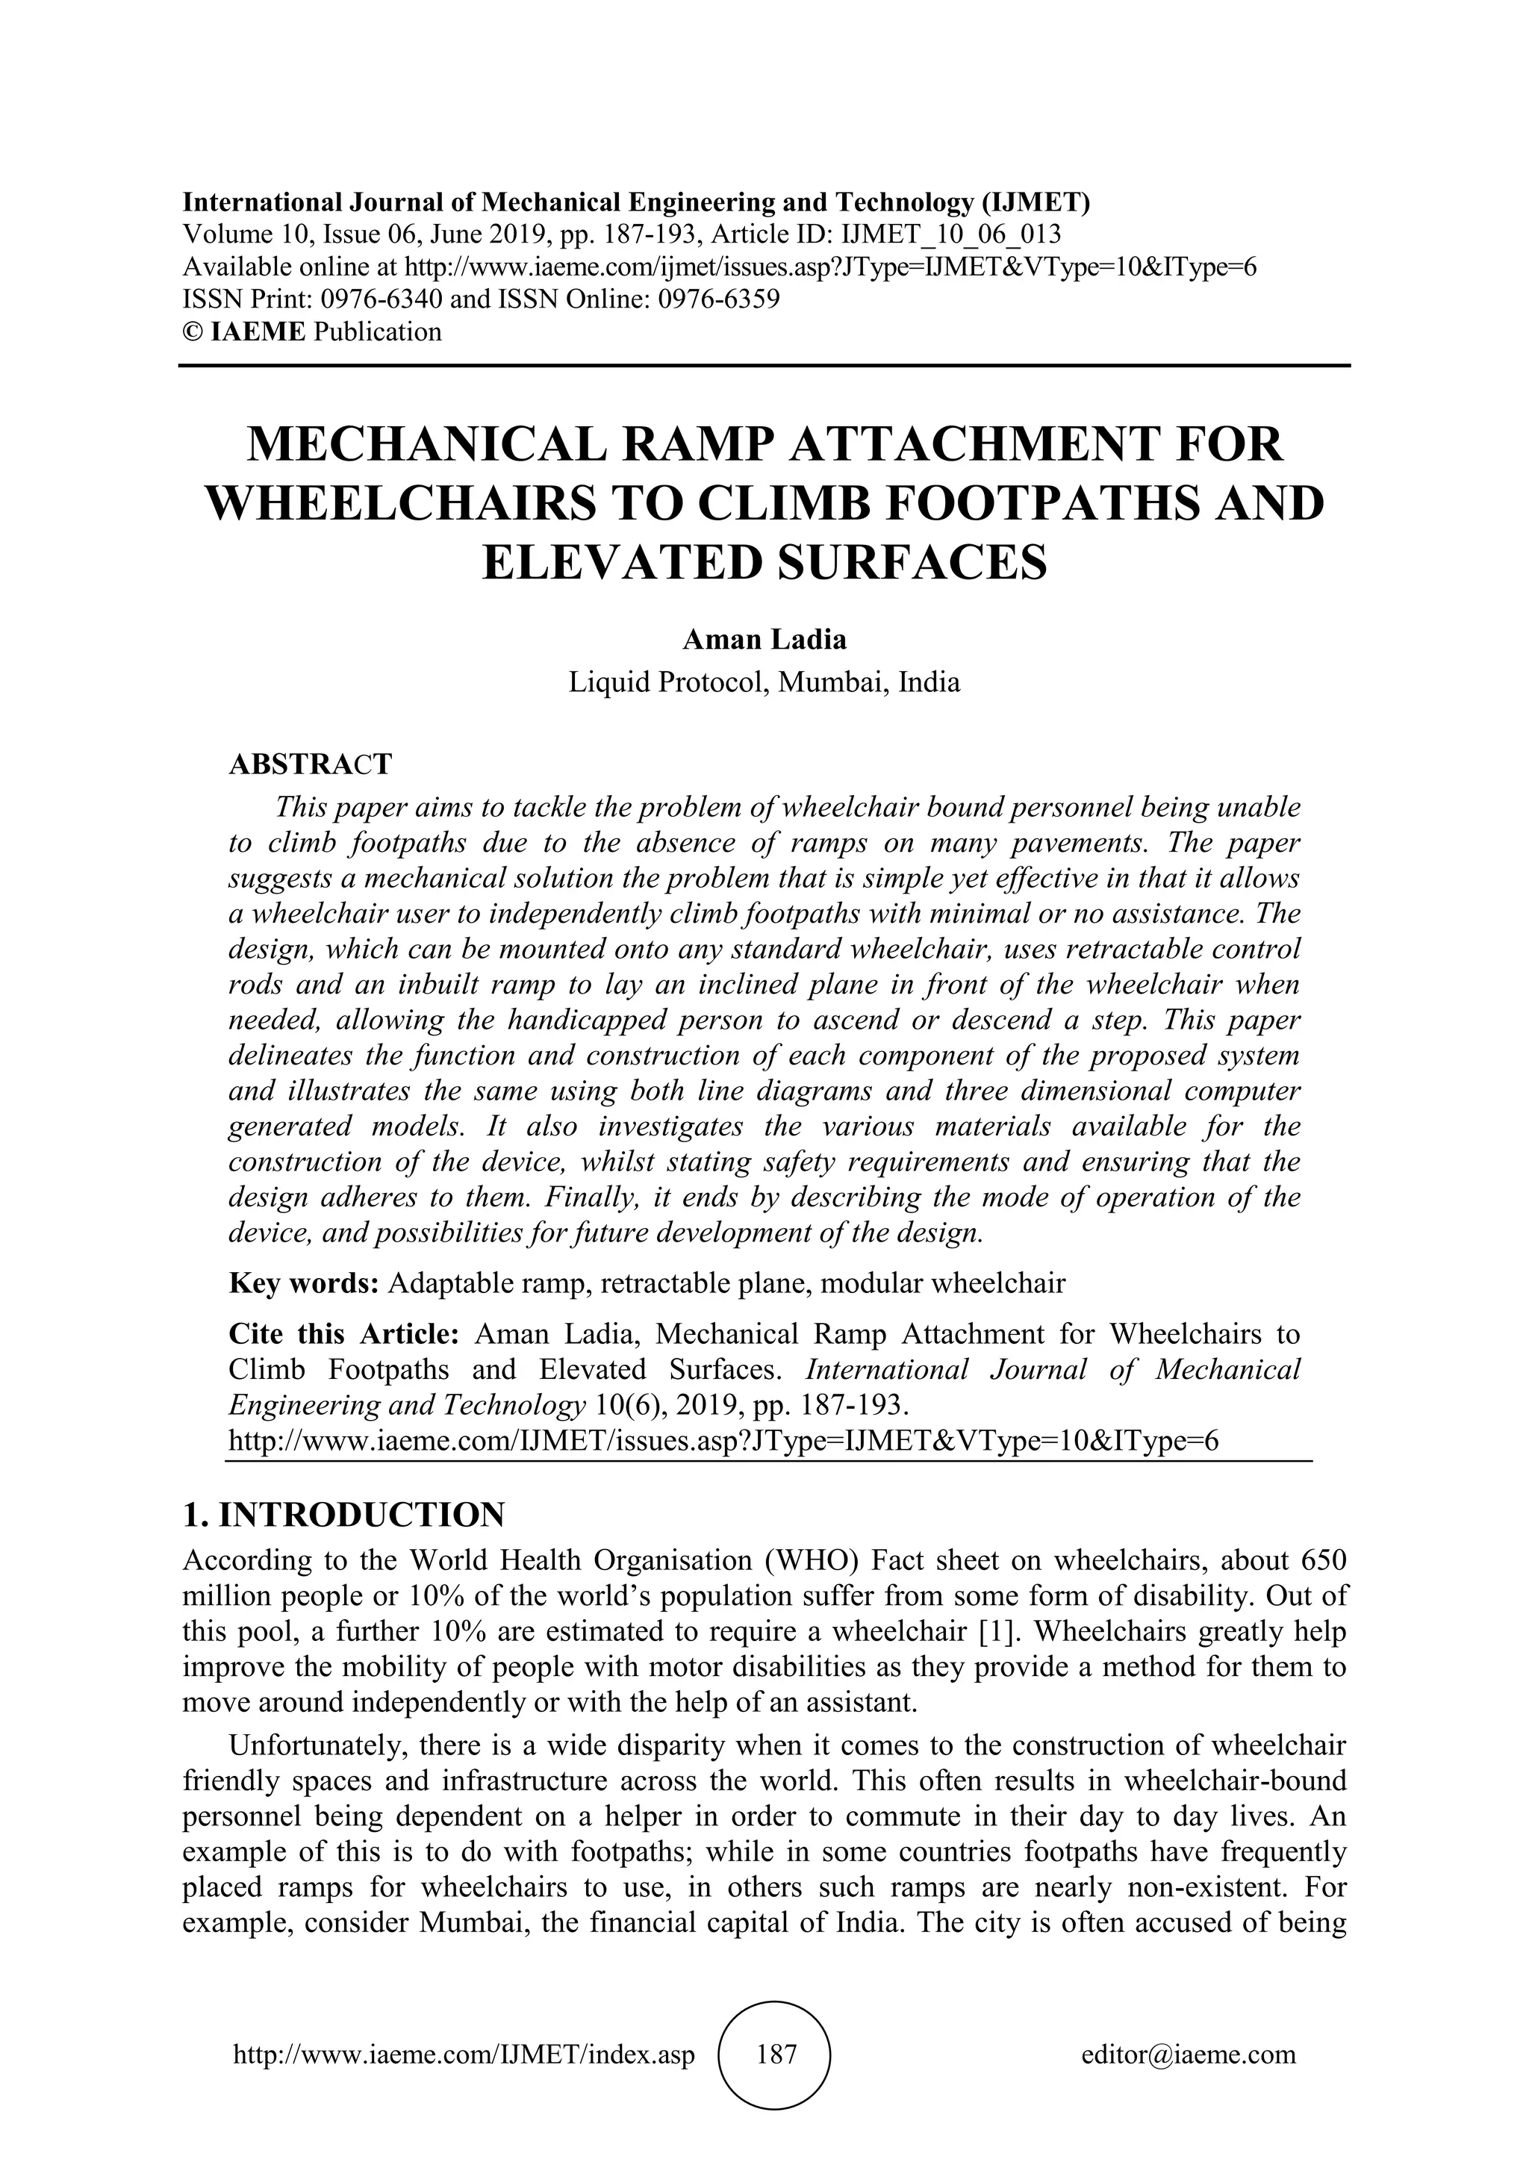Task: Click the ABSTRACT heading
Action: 310,764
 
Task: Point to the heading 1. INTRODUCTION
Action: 343,1515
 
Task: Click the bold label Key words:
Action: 303,1283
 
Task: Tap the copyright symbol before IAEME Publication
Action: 191,331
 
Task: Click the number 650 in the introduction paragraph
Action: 1322,1560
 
